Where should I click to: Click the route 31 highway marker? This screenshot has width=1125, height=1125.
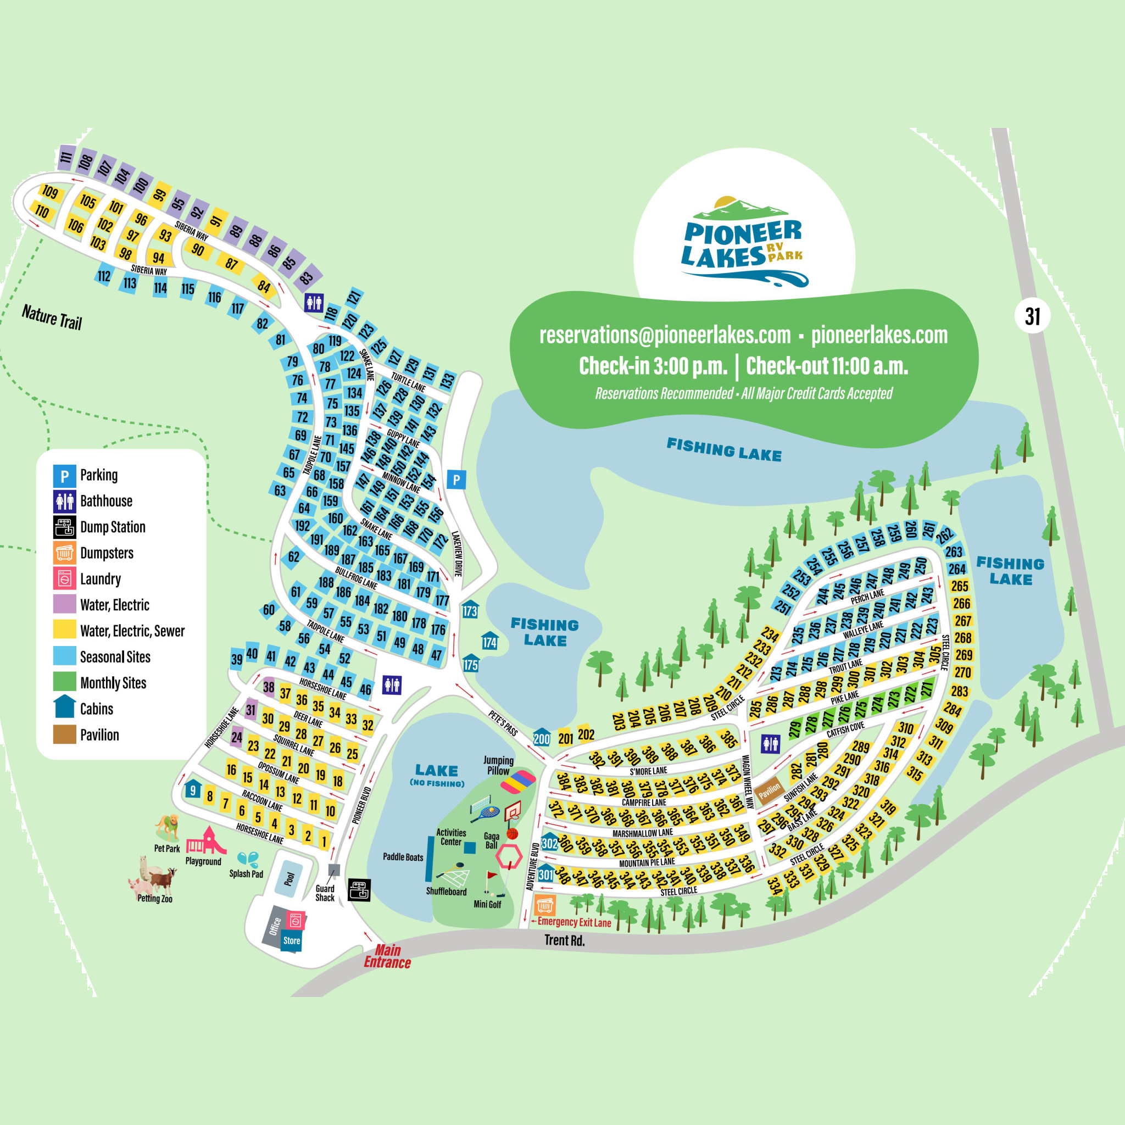coord(1032,316)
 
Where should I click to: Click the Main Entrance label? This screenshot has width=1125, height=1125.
coord(387,956)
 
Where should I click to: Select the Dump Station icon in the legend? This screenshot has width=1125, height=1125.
coord(65,527)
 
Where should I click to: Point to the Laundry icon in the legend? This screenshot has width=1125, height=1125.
coord(65,579)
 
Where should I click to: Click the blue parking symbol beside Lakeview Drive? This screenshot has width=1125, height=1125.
coord(456,480)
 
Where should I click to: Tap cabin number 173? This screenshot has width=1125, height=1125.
coord(470,610)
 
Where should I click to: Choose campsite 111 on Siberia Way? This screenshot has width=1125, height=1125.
coord(66,157)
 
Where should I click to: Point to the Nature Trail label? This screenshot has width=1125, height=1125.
coord(52,318)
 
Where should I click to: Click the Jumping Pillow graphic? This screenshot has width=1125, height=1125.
coord(517,781)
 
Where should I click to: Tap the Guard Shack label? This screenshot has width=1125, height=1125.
coord(325,893)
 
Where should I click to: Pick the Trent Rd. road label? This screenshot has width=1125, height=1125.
coord(564,940)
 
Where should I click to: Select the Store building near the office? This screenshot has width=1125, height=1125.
coord(292,940)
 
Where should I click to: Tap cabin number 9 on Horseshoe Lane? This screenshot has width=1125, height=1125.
coord(193,790)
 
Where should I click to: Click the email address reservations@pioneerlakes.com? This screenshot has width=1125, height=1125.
coord(665,335)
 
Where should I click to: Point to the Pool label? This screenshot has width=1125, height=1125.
coord(289,879)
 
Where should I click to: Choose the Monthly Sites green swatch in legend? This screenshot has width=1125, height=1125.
coord(65,682)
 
